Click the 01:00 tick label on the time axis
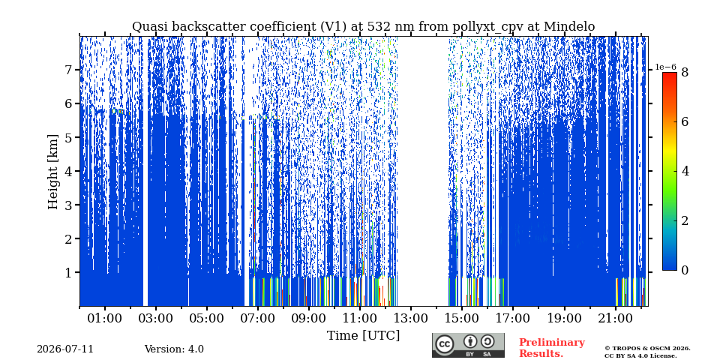point(105,318)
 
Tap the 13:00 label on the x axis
point(411,318)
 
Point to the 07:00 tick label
point(258,318)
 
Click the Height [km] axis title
point(53,172)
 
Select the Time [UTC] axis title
point(363,336)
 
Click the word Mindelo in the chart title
point(569,27)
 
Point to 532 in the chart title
point(377,27)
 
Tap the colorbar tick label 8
point(685,72)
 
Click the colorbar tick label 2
point(685,220)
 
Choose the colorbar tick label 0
point(685,271)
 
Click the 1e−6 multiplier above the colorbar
point(665,67)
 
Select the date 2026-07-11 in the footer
point(65,349)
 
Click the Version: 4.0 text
point(174,349)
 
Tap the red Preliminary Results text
point(552,348)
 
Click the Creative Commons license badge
point(468,345)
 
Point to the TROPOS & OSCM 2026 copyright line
point(647,349)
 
